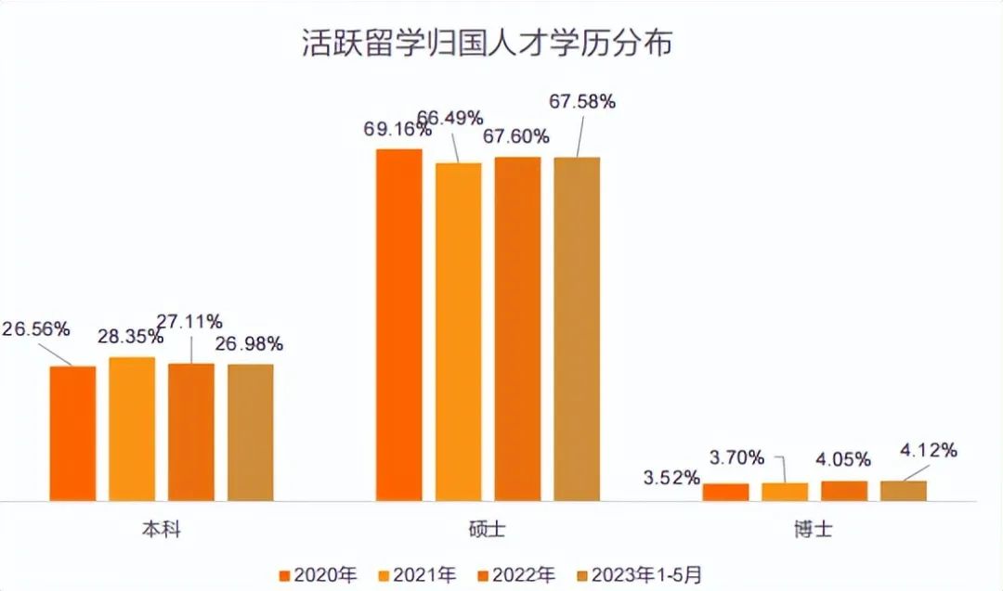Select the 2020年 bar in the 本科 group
click(x=72, y=433)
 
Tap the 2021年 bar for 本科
click(x=132, y=429)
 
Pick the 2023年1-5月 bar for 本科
click(x=251, y=432)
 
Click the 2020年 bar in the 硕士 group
click(x=398, y=325)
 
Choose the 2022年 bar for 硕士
click(x=517, y=328)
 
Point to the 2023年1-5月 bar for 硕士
click(x=577, y=328)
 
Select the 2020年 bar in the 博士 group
click(x=725, y=492)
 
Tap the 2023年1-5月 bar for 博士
click(x=904, y=491)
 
